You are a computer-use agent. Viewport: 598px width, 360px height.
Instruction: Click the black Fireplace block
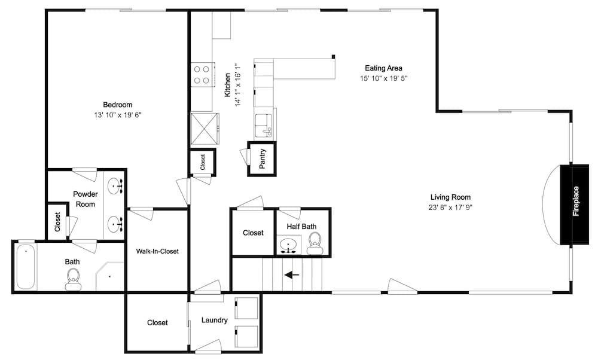pos(576,203)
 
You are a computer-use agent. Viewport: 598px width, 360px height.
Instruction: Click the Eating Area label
pos(383,68)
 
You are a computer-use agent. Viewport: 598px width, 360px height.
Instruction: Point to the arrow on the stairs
pos(292,275)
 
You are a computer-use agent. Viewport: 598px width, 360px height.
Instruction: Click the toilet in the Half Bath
pos(315,242)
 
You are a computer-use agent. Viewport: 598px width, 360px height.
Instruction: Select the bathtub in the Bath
pos(25,266)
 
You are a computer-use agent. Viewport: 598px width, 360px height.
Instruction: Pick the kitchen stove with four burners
pos(202,74)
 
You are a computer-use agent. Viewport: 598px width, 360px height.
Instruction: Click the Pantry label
pos(263,159)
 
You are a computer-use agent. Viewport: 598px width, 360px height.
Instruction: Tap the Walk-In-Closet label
pos(157,251)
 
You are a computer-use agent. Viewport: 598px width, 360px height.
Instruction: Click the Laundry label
pos(214,321)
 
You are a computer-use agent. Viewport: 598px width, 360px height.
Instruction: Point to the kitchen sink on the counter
pos(264,124)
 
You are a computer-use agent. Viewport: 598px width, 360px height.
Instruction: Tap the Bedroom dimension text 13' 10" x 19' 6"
pos(117,115)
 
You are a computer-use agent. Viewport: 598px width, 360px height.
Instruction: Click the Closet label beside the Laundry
pos(157,323)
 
